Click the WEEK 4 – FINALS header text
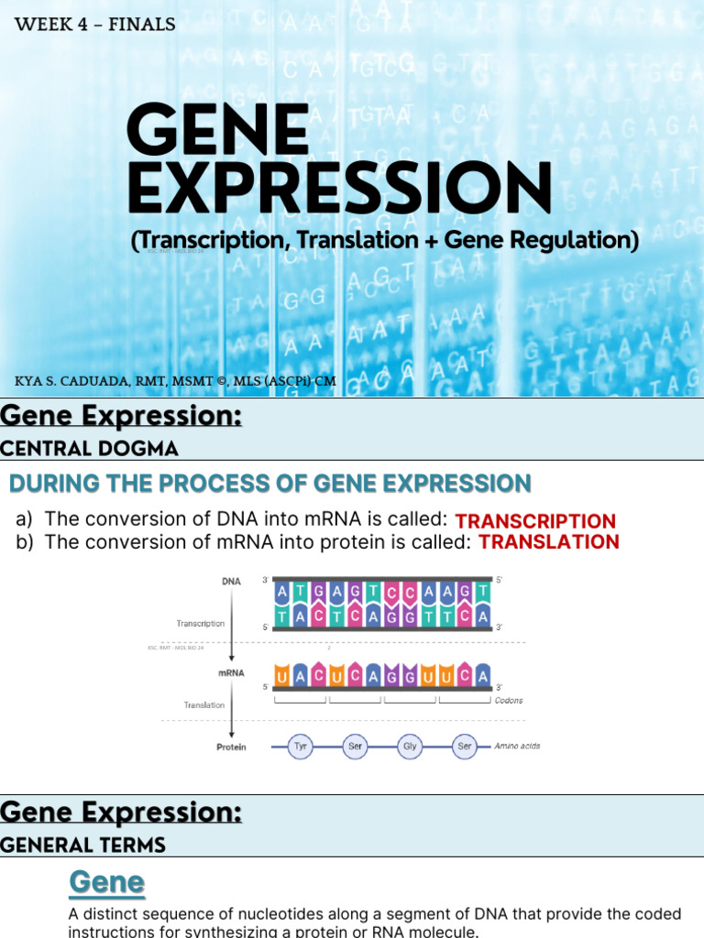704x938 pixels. click(x=94, y=25)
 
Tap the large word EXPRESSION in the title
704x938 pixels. click(x=339, y=189)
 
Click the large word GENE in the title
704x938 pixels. click(x=218, y=129)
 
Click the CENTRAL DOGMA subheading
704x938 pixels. click(x=89, y=448)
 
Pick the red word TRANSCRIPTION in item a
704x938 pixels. click(x=535, y=520)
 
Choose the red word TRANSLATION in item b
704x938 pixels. click(x=548, y=541)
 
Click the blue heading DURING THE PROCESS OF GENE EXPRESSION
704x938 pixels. click(x=269, y=483)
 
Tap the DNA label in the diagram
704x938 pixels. click(x=231, y=581)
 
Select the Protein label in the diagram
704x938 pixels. click(x=231, y=747)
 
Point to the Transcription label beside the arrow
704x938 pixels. click(x=200, y=623)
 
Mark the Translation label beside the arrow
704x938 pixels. click(x=203, y=705)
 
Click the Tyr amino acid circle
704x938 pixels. click(x=300, y=747)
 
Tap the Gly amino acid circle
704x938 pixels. click(x=410, y=747)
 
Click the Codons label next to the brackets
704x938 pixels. click(x=509, y=701)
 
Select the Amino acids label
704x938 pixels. click(x=517, y=747)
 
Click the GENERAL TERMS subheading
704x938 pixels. click(x=82, y=845)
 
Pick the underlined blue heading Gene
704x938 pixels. click(x=106, y=882)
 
